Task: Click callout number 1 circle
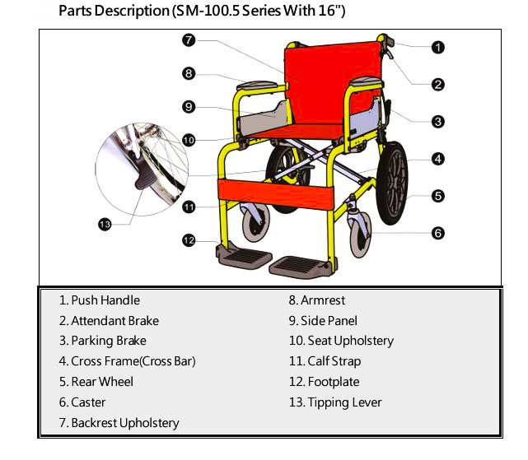pyautogui.click(x=438, y=47)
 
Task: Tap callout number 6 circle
pyautogui.click(x=438, y=233)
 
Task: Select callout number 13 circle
pyautogui.click(x=105, y=224)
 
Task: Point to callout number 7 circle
pyautogui.click(x=189, y=39)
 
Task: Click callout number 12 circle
pyautogui.click(x=189, y=240)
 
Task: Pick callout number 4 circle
pyautogui.click(x=438, y=159)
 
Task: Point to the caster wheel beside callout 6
pyautogui.click(x=358, y=234)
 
